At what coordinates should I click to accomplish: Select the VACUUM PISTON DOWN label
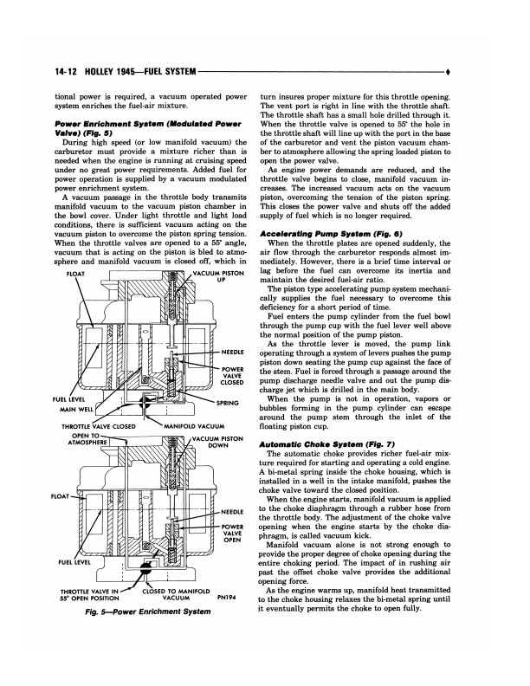point(219,443)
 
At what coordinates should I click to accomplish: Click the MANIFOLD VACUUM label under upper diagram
point(191,427)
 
